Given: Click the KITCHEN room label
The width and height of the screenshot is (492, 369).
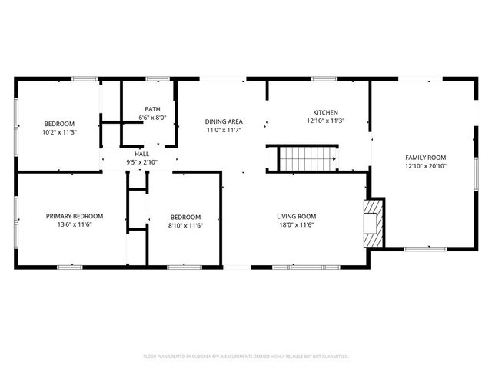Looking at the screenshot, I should [325, 113].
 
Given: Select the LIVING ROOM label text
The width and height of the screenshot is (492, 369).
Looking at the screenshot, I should [297, 217].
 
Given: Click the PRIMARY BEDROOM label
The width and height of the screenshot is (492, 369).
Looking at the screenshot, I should [75, 217].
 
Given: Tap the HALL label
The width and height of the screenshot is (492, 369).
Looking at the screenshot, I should [141, 154].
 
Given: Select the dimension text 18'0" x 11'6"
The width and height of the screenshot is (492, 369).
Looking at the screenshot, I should [297, 225].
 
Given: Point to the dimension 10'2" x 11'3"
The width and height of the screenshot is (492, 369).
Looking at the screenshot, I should [59, 132].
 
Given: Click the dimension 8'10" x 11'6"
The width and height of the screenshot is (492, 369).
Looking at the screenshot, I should [185, 225].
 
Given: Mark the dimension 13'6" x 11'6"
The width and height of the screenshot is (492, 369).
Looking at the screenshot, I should [75, 225].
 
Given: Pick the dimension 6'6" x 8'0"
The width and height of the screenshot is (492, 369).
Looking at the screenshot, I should [151, 118].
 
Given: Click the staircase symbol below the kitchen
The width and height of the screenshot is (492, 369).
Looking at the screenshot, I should [307, 159].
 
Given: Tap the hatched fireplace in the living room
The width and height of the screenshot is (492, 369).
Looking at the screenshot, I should [373, 223].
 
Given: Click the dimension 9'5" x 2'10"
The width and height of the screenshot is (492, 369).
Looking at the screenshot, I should [141, 162].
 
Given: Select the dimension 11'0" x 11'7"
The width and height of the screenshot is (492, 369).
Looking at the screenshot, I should [224, 131].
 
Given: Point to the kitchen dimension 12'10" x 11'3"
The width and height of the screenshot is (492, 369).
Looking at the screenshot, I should [325, 121].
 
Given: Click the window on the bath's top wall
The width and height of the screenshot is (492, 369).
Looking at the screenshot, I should [158, 78].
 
